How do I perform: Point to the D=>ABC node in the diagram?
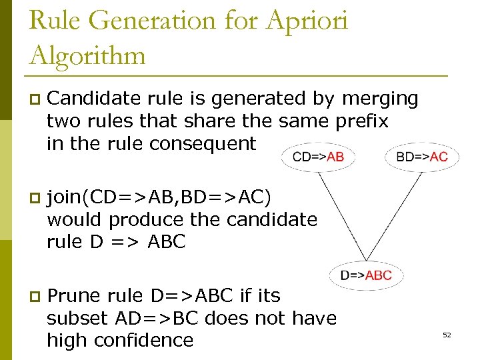tap(366, 275)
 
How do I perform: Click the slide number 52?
tap(447, 335)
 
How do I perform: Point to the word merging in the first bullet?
tap(380, 99)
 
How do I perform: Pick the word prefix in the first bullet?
tap(365, 121)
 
